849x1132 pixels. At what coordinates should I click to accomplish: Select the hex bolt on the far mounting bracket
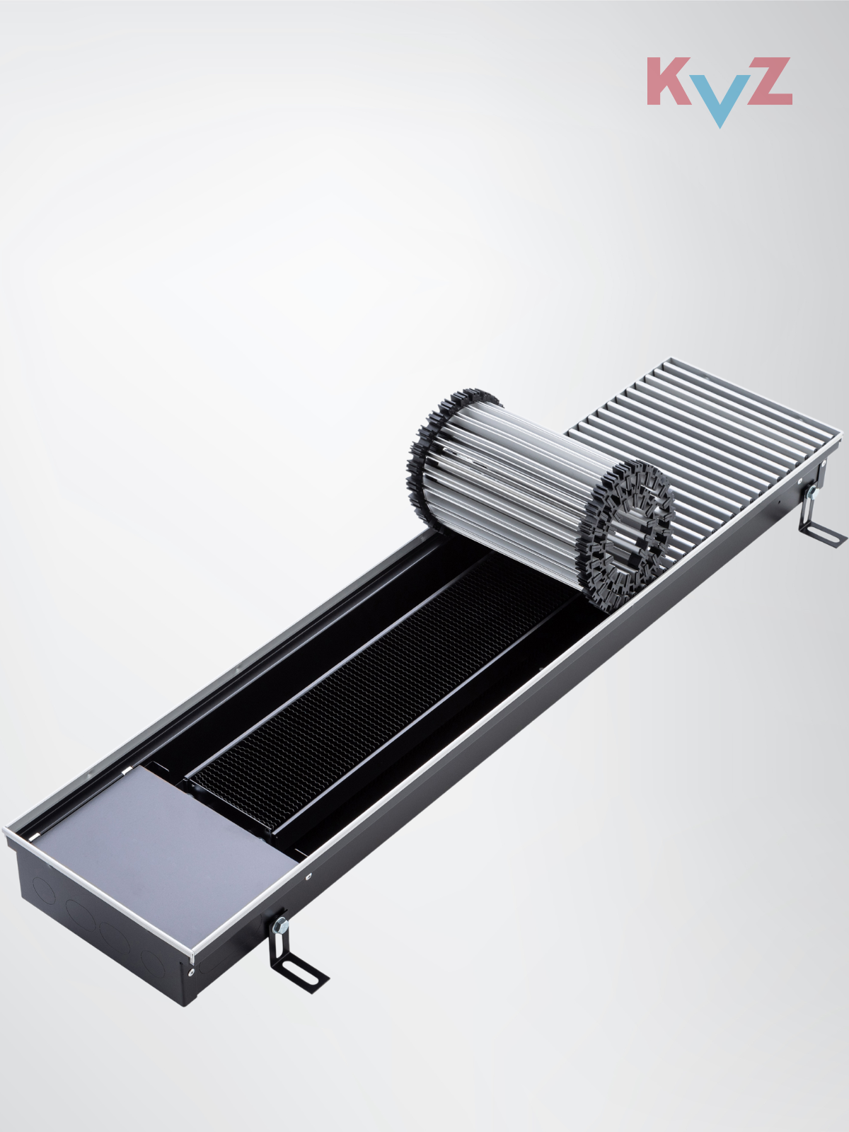[812, 492]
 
